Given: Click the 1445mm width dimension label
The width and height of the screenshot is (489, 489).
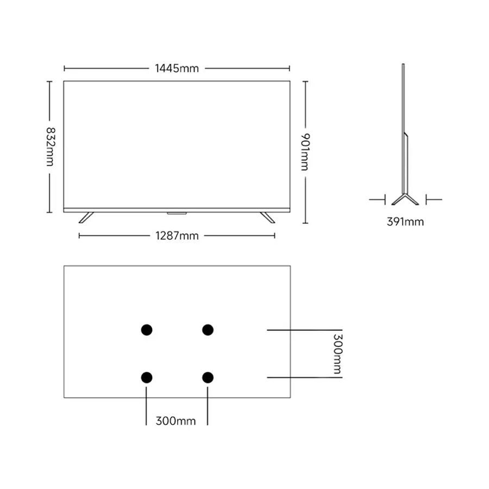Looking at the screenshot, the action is coord(177,68).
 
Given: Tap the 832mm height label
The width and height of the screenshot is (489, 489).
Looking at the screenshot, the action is coord(50,147).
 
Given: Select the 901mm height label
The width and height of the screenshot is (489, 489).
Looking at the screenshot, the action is coord(305,152).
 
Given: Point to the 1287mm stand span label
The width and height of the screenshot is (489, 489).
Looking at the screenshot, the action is coord(177,236).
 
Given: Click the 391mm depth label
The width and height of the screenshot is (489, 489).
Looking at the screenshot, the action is coord(405,222).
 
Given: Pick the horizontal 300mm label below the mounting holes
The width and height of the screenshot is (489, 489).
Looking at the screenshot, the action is coord(175,421).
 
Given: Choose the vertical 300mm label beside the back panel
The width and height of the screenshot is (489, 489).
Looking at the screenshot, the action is coord(338,354).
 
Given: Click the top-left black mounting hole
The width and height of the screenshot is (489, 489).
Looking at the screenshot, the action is coord(147,330).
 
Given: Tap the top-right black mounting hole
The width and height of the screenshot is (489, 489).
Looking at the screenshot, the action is coord(208,330).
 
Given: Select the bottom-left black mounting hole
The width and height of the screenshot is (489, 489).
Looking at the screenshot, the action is coord(147,378).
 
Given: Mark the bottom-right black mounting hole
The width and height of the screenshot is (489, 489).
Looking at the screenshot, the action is coord(208,378).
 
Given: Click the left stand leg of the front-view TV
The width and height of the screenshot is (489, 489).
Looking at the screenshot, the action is coord(86,218).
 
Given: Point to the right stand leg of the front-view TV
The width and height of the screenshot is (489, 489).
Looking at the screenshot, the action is coord(267,218).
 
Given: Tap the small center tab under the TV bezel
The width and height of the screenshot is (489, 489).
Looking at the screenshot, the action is coord(177,214).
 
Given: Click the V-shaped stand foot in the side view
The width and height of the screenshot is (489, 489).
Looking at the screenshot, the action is coord(405,199).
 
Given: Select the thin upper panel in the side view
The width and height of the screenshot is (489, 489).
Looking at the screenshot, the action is coord(403,128).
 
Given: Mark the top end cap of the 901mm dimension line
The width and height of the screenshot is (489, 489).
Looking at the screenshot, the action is coord(305,81).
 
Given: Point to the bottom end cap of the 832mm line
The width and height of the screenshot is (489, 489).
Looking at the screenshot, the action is coord(49,212).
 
